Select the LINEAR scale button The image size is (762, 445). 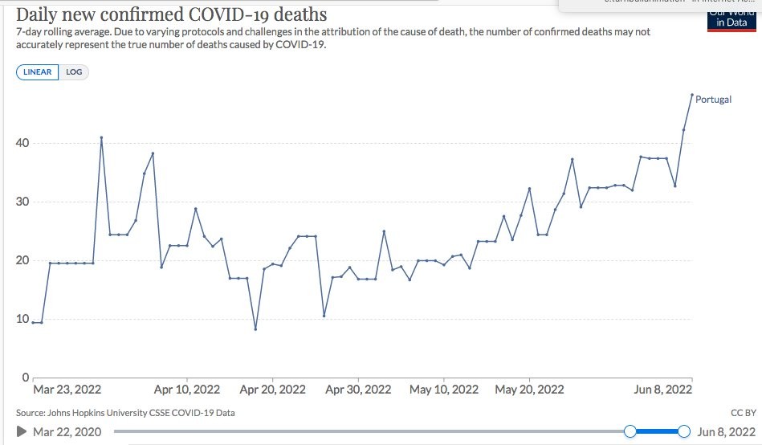pyautogui.click(x=37, y=72)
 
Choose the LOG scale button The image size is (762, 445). pyautogui.click(x=74, y=72)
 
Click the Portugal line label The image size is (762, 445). pyautogui.click(x=713, y=100)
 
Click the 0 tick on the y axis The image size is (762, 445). pyautogui.click(x=26, y=377)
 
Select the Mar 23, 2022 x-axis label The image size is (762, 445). pyautogui.click(x=67, y=390)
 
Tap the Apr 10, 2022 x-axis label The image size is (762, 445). pyautogui.click(x=187, y=390)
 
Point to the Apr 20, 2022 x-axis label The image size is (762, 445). pyautogui.click(x=273, y=390)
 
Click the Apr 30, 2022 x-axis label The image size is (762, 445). pyautogui.click(x=358, y=390)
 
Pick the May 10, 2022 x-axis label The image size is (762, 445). pyautogui.click(x=443, y=390)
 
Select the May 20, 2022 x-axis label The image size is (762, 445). pyautogui.click(x=529, y=390)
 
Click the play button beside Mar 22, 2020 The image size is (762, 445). pyautogui.click(x=22, y=432)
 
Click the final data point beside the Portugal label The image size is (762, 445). pyautogui.click(x=691, y=95)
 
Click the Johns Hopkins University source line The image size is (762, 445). pyautogui.click(x=125, y=413)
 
